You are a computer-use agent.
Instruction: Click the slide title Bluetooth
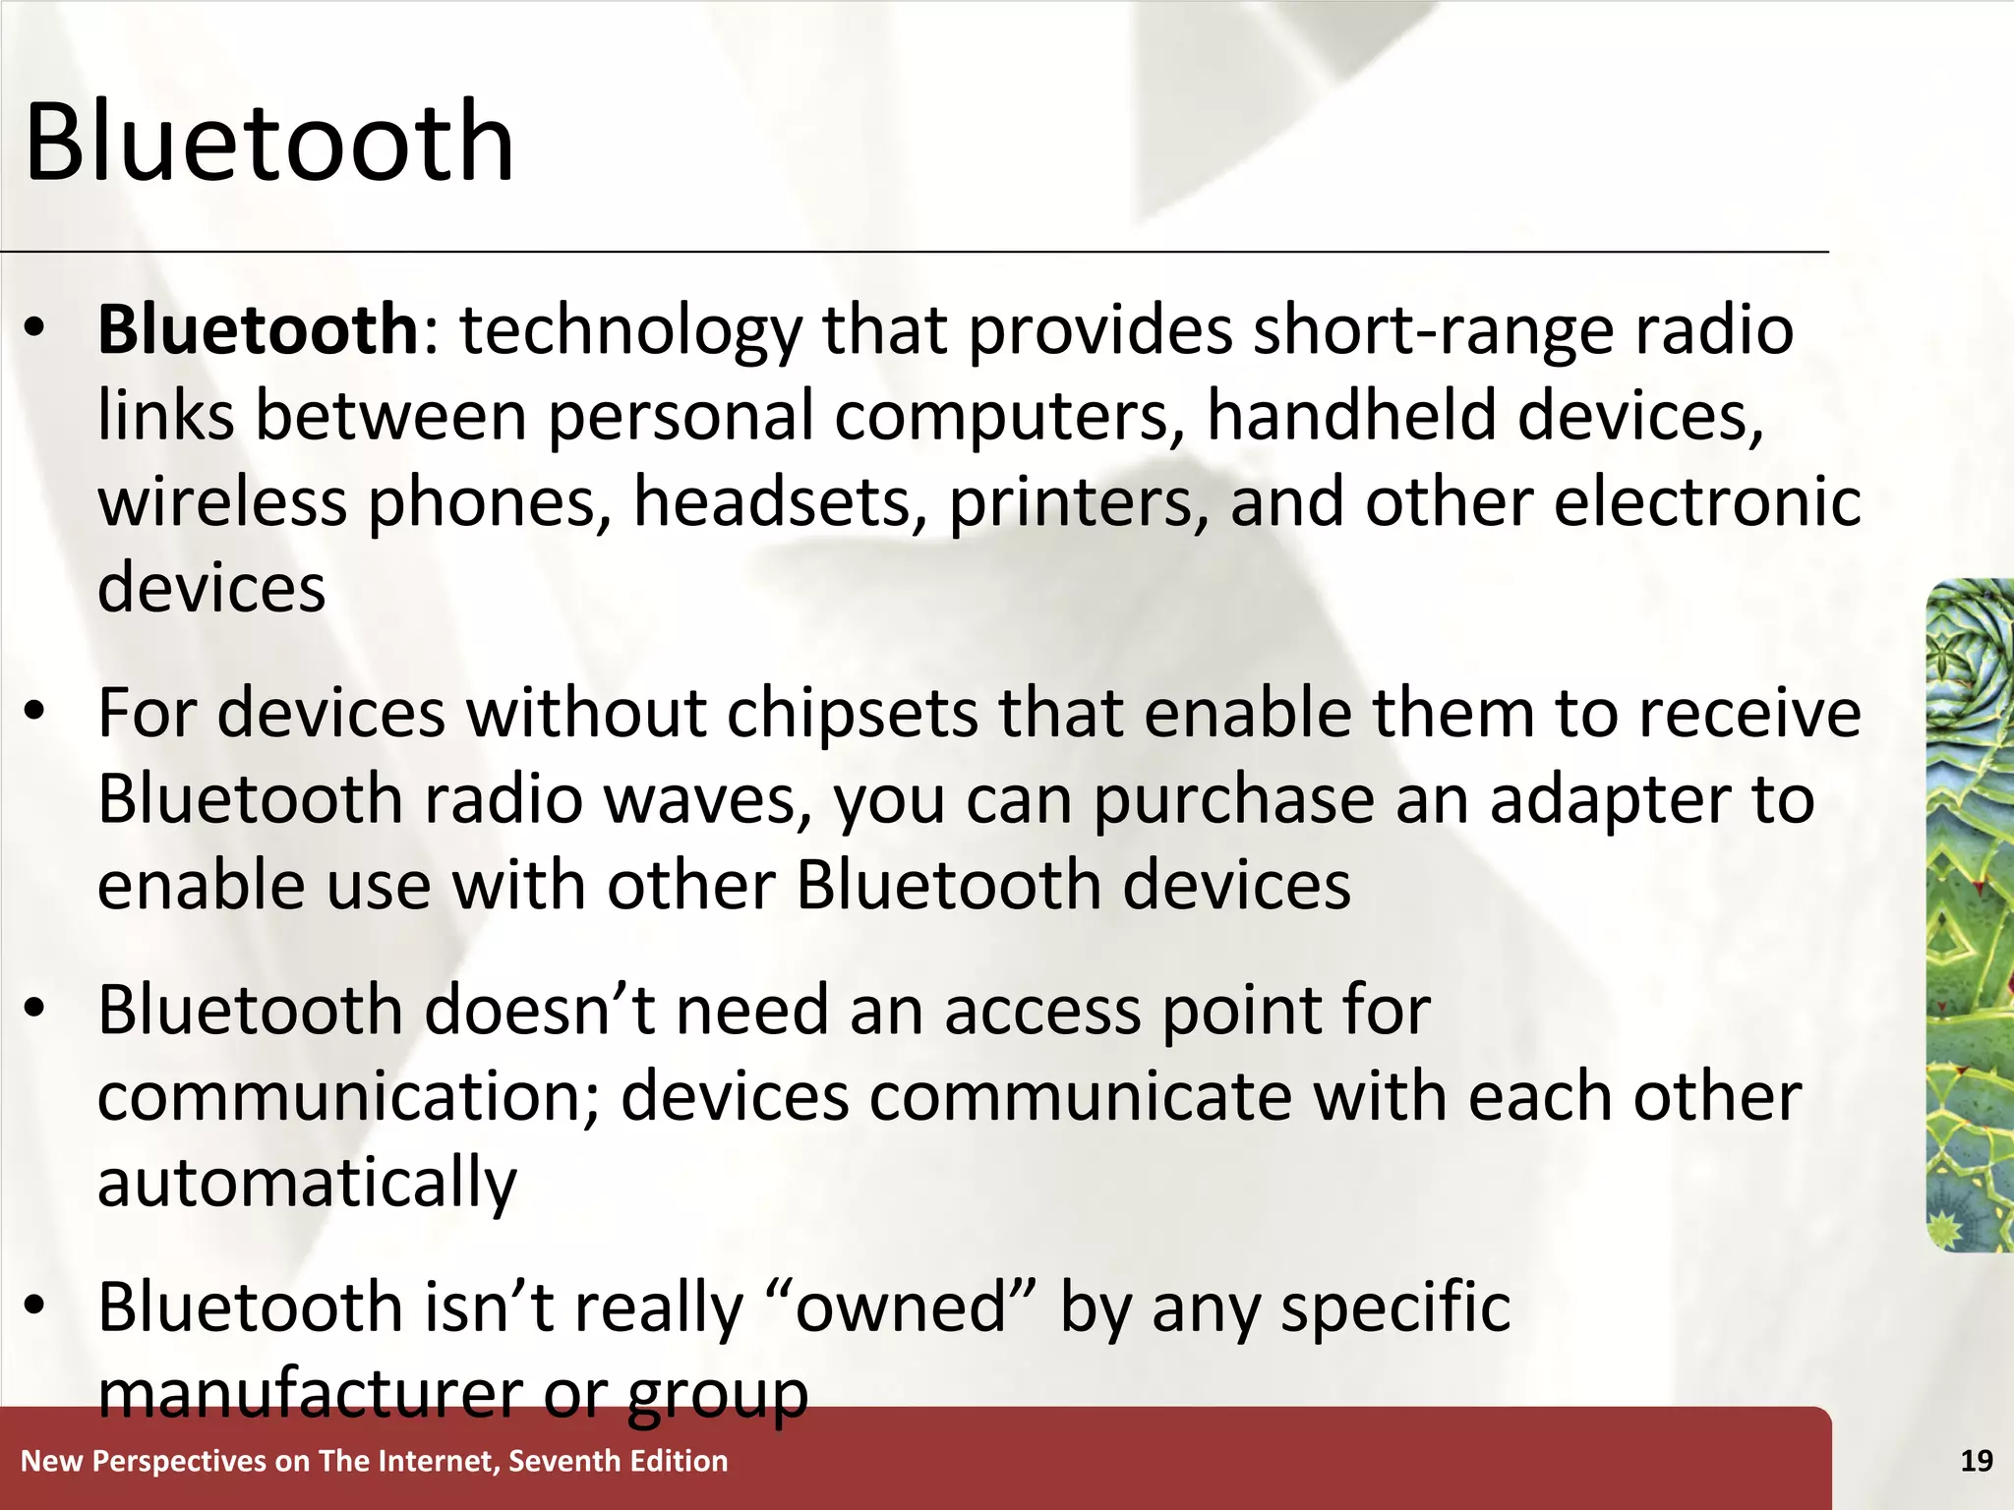pos(268,143)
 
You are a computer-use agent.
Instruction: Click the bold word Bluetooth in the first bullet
pos(258,329)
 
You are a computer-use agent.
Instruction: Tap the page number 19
pos(1977,1461)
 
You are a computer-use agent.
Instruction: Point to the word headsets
pos(780,502)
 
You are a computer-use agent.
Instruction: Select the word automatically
pos(307,1183)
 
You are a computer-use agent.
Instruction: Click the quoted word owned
pos(901,1307)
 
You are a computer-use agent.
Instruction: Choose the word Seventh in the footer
pos(564,1461)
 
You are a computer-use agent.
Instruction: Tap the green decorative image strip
pos(1970,914)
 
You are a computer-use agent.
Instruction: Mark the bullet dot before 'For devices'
pos(35,713)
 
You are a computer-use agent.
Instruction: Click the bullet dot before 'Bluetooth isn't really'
pos(35,1307)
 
